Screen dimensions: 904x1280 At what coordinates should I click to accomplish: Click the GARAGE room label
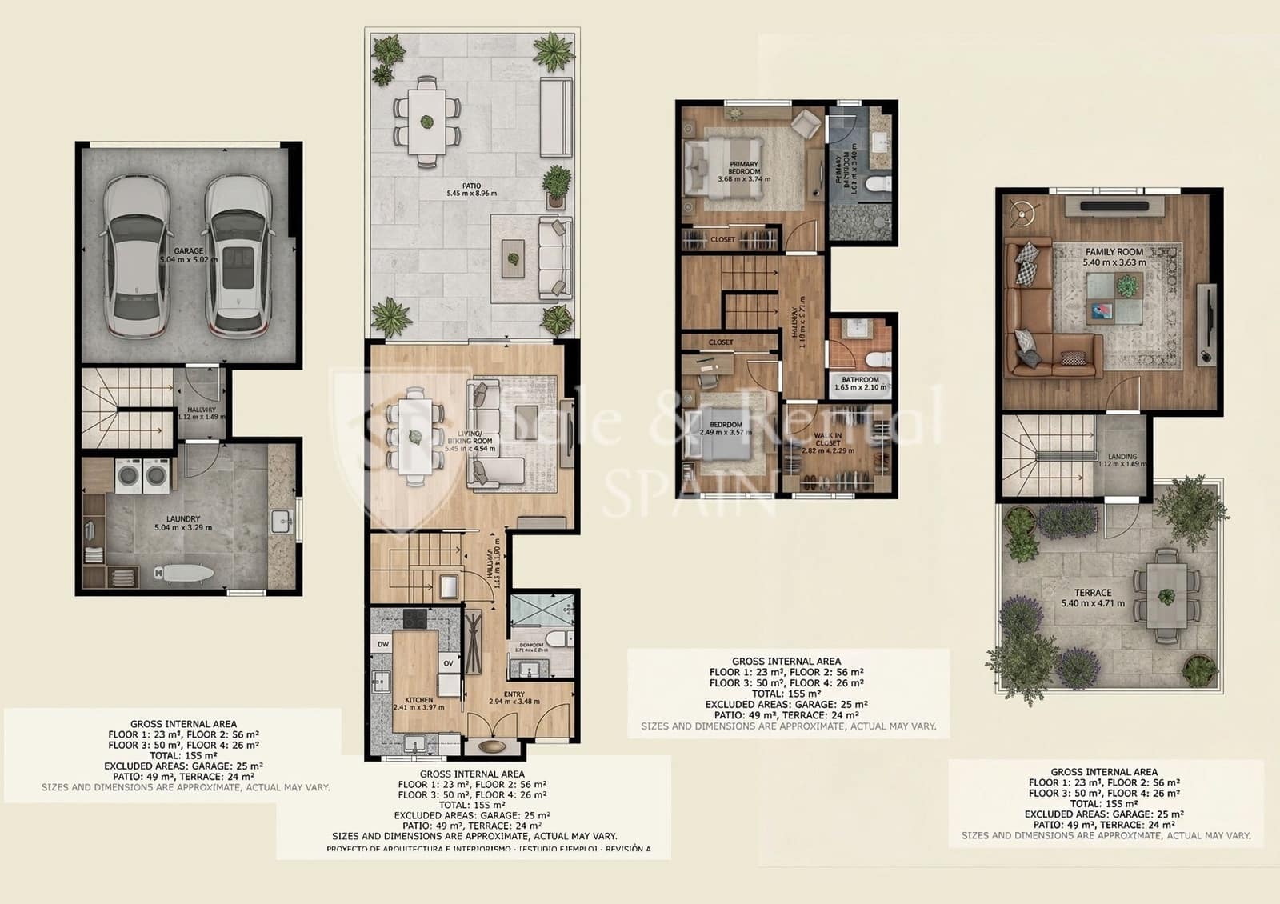coord(189,250)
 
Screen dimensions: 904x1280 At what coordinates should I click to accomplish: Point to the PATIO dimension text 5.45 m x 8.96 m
coord(471,194)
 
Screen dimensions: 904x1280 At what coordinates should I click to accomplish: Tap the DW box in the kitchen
coord(383,644)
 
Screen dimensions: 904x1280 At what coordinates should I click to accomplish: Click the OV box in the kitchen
coord(448,663)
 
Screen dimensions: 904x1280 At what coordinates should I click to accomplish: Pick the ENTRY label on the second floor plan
coord(514,694)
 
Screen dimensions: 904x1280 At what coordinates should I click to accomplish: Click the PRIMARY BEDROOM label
coord(744,167)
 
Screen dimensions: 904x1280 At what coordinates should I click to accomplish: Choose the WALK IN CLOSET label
coord(827,440)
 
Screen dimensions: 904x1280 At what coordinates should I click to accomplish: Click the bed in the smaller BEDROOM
coord(726,448)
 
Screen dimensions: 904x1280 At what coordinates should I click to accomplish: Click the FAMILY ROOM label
coord(1114,252)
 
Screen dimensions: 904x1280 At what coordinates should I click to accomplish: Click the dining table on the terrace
coord(1166,595)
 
